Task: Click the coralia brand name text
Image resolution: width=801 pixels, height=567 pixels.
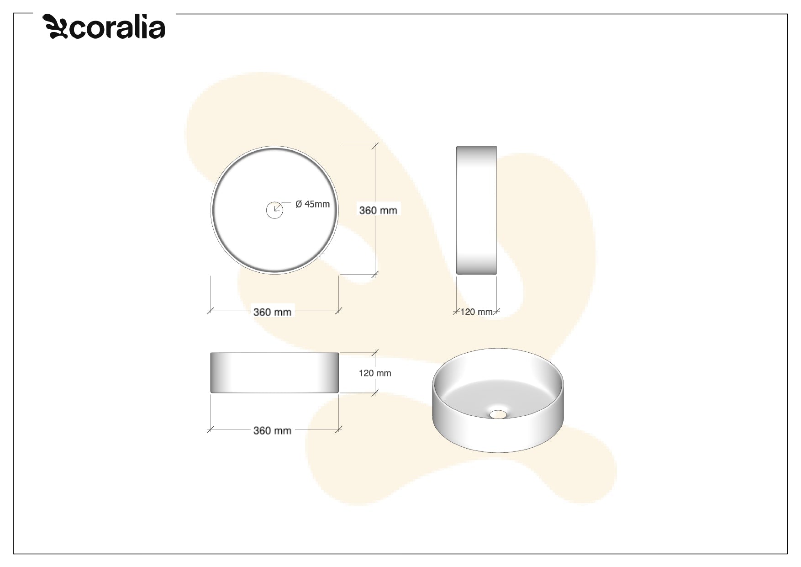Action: pos(117,28)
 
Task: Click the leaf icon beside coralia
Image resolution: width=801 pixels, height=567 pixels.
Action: pos(55,27)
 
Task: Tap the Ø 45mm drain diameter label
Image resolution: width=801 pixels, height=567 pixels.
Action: pos(312,204)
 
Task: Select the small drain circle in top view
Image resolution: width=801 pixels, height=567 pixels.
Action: pos(274,210)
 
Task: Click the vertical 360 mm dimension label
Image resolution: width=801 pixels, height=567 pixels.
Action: pos(378,210)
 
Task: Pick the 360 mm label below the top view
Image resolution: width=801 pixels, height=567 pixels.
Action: pos(272,312)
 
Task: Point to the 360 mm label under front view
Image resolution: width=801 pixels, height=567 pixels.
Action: pos(272,430)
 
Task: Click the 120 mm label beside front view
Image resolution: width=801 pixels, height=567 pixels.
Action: pos(375,373)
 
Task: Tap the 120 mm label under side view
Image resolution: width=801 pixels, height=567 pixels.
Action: pos(476,312)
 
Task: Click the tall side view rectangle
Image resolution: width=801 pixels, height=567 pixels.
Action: pos(476,210)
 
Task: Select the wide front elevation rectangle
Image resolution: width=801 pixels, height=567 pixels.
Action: pos(274,372)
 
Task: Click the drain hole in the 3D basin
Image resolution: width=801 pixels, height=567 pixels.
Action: pos(498,414)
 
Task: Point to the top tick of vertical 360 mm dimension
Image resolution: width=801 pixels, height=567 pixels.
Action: pos(375,146)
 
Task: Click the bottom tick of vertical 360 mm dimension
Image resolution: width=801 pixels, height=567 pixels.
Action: pos(375,274)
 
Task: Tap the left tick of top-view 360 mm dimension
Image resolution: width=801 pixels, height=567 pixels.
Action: pos(210,311)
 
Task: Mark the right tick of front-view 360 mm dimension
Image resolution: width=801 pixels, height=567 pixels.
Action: pos(338,429)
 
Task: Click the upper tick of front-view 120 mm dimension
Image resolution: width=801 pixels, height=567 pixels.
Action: pos(375,353)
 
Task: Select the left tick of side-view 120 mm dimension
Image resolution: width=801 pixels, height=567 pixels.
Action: pos(457,311)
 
